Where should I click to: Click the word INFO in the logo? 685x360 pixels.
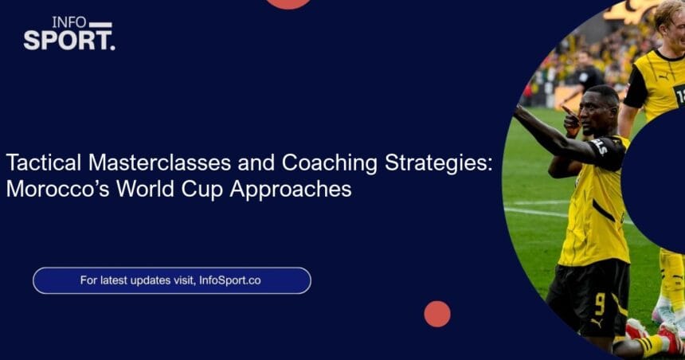pos(69,23)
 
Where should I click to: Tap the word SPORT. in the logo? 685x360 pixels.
pos(69,41)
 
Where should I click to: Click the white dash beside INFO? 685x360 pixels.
pos(100,25)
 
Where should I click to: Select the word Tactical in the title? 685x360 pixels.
pos(44,162)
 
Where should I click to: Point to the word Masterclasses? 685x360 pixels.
pos(159,162)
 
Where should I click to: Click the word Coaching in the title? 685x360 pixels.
pos(330,163)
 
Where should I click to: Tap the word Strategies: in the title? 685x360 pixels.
pos(438,163)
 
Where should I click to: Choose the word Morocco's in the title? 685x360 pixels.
pos(57,189)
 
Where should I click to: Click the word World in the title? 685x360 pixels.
pos(145,189)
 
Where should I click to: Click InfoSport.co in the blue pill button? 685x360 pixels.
pos(230,280)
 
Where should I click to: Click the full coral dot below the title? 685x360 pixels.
pos(437,314)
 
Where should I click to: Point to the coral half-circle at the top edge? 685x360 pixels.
pos(288,3)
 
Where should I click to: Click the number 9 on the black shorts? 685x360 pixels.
pos(600,303)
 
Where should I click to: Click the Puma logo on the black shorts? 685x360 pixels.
pos(597,323)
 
